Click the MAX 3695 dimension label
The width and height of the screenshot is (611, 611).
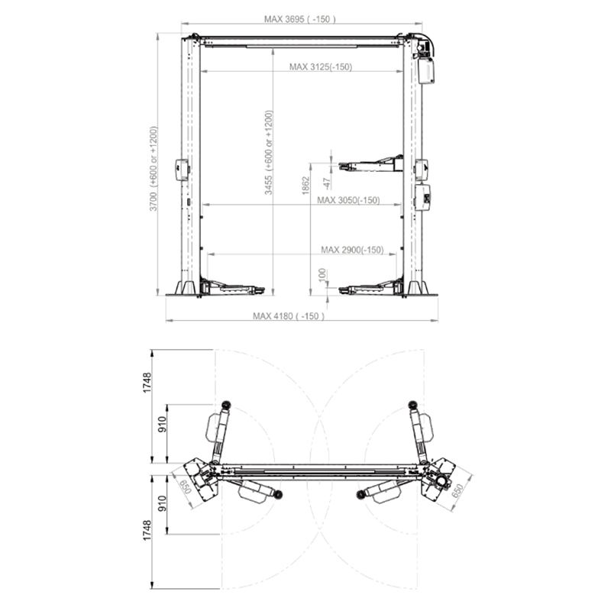pos(299,19)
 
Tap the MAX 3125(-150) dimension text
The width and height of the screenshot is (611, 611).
pos(321,67)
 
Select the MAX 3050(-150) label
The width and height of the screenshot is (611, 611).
pos(348,200)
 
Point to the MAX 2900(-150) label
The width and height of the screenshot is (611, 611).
pos(352,250)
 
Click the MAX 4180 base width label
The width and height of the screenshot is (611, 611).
pos(289,316)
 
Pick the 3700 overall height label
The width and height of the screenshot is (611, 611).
pos(154,169)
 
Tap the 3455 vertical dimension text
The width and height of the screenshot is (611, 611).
pos(269,152)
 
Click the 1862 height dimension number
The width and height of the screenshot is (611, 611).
pos(306,185)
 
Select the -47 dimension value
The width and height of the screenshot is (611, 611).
pos(327,183)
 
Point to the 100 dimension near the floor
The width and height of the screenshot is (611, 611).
pos(322,276)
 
